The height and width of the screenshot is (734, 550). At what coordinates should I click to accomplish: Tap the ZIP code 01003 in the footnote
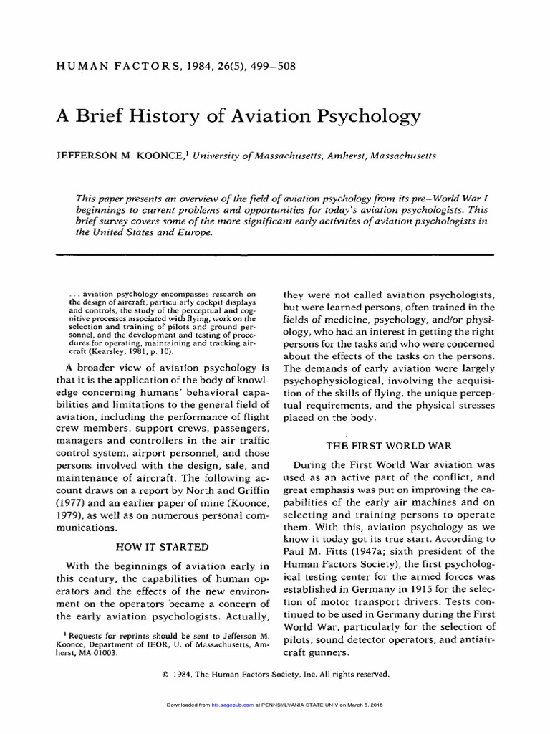[x=109, y=653]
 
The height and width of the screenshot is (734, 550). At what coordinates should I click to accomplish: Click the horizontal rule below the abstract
[x=275, y=254]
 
